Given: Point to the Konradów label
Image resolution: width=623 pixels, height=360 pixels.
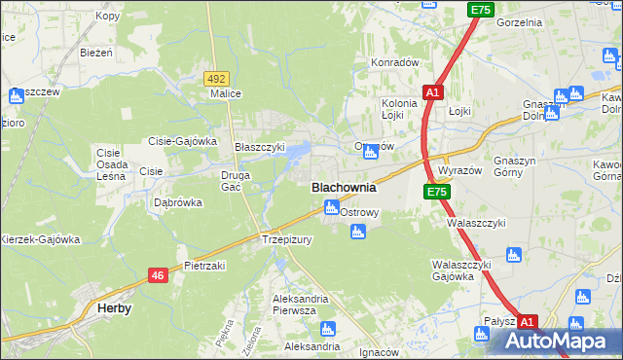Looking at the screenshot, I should [394, 62].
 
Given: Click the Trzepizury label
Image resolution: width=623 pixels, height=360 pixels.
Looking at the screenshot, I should [285, 238].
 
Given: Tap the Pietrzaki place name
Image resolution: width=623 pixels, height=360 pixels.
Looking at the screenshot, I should [204, 265].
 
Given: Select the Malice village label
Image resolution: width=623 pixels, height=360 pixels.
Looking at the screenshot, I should [225, 93].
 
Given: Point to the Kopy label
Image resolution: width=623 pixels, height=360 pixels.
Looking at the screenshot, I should [108, 17].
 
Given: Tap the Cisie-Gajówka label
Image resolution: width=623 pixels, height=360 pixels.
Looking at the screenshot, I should [182, 140].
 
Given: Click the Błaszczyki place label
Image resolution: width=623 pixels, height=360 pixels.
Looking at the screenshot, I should [260, 147].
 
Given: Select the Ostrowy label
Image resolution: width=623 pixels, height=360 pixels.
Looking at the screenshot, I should [368, 211].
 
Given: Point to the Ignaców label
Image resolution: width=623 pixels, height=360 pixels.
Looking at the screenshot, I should [380, 351].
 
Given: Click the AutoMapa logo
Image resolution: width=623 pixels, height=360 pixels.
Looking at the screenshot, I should [556, 342].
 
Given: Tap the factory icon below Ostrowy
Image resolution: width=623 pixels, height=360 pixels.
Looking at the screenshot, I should [357, 231].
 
